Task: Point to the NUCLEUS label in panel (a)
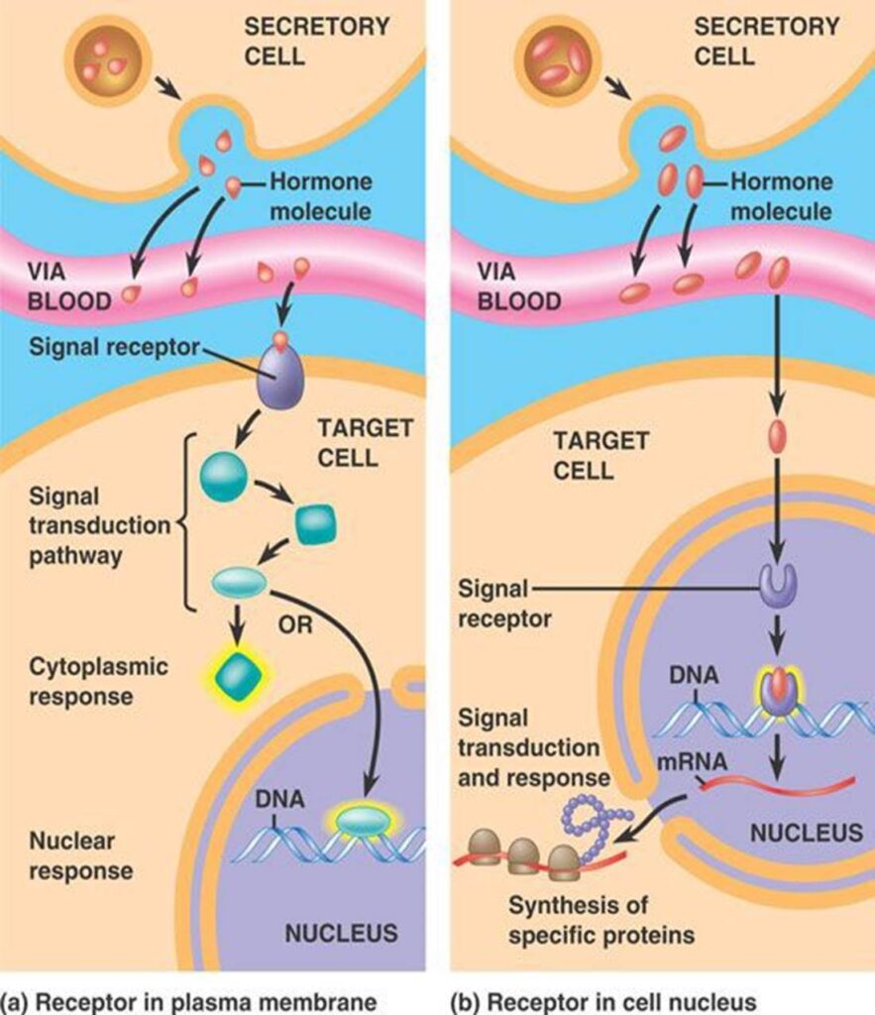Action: pos(341,933)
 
